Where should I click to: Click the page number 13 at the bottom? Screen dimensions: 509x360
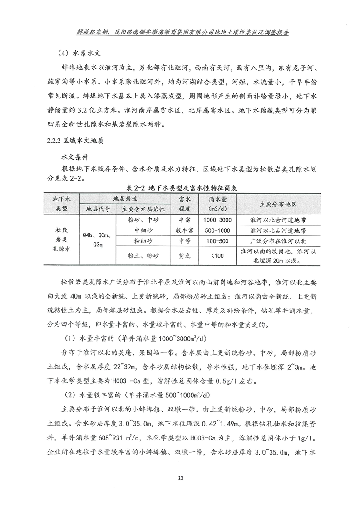click(181, 478)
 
